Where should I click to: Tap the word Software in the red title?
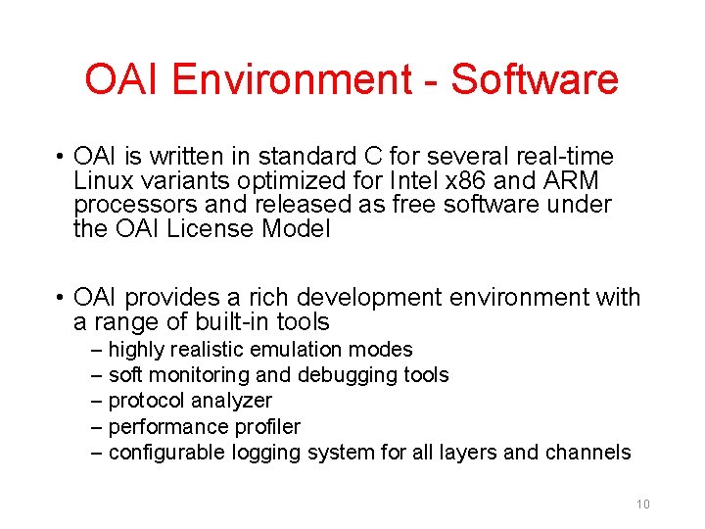[535, 79]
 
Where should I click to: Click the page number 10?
[643, 505]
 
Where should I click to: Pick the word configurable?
[167, 452]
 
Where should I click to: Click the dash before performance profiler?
[96, 426]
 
